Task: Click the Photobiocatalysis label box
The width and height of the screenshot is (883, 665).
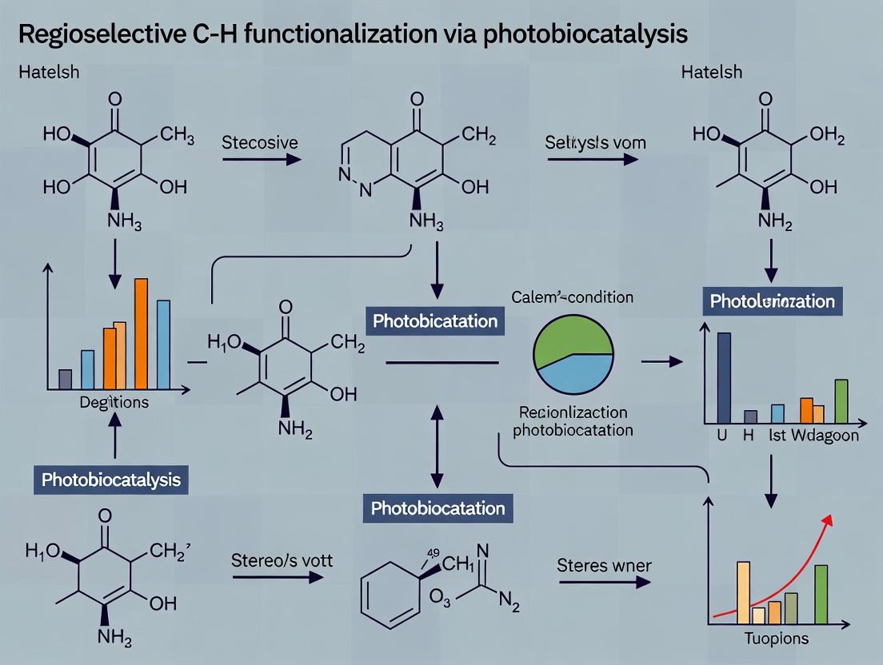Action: pyautogui.click(x=111, y=480)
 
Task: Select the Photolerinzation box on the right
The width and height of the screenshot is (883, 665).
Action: pyautogui.click(x=772, y=301)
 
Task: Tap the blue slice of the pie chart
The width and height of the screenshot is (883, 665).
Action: pyautogui.click(x=580, y=372)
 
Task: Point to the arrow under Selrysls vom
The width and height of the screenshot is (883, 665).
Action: pyautogui.click(x=593, y=159)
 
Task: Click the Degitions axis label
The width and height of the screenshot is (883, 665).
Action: pyautogui.click(x=114, y=402)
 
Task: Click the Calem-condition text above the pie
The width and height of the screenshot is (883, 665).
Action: pyautogui.click(x=572, y=297)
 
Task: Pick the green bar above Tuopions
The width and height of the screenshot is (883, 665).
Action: pyautogui.click(x=821, y=594)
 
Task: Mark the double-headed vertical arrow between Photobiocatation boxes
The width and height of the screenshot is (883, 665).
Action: pyautogui.click(x=438, y=446)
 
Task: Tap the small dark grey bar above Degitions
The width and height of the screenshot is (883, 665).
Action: pyautogui.click(x=66, y=379)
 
